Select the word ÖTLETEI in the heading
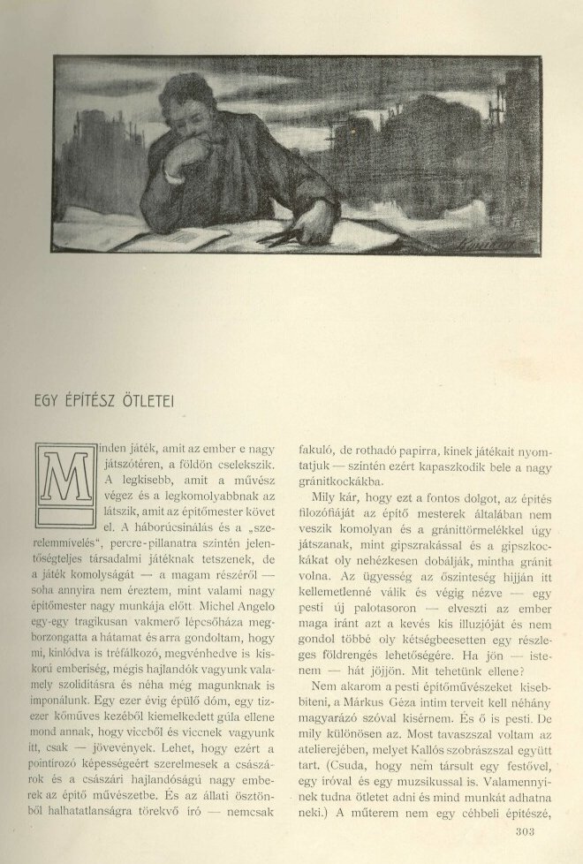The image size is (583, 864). (149, 397)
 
